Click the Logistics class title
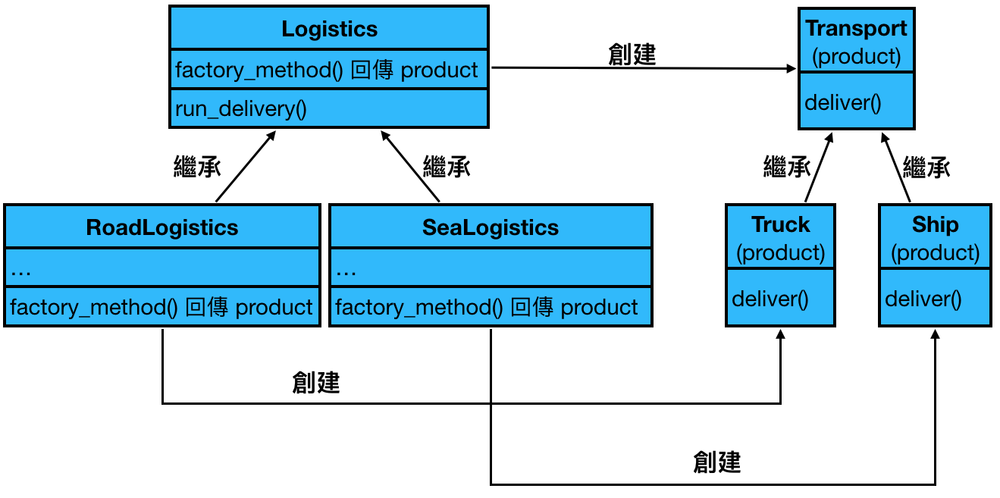tap(329, 29)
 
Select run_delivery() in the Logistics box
tap(240, 108)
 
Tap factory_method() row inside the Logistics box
tap(327, 70)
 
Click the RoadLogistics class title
tap(161, 227)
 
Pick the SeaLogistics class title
tap(490, 227)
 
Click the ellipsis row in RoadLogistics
tap(161, 269)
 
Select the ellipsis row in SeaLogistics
tap(490, 269)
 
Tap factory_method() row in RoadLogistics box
tap(161, 307)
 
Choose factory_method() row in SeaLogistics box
tap(487, 307)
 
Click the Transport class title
tap(856, 29)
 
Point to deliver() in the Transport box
tap(842, 102)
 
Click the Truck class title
tap(780, 225)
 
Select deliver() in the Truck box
tap(770, 298)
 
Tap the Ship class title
tap(935, 225)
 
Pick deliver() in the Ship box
tap(923, 298)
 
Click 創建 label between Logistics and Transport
tap(632, 55)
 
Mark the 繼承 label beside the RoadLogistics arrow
tap(197, 167)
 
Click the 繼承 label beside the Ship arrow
tap(926, 167)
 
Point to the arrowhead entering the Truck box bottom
tap(781, 334)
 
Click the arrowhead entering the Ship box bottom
tap(936, 334)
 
